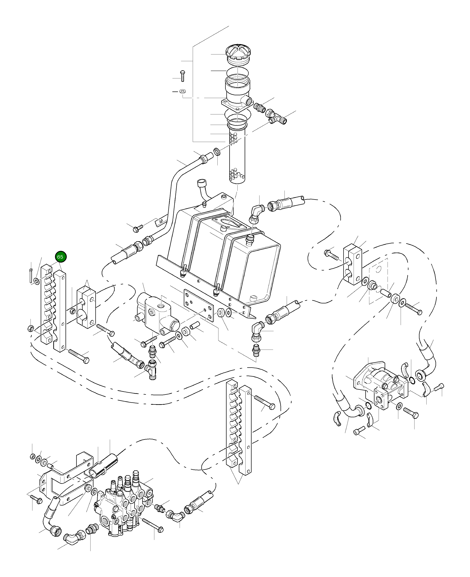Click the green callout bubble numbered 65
click(60, 257)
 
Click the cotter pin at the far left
click(31, 276)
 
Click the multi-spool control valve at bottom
click(123, 503)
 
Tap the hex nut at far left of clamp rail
click(31, 329)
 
